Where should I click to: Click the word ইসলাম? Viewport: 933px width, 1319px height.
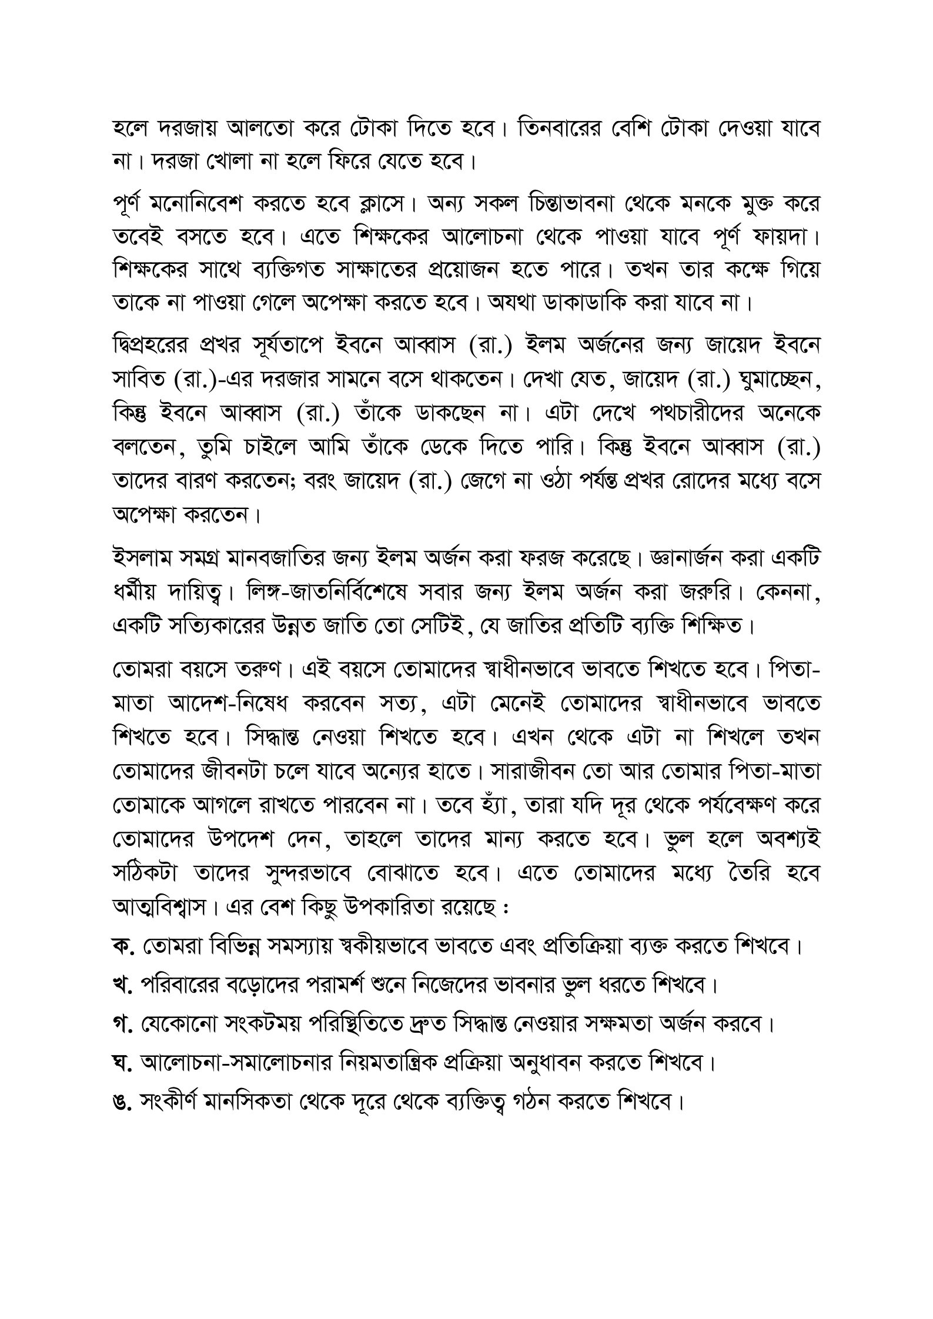(x=141, y=557)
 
